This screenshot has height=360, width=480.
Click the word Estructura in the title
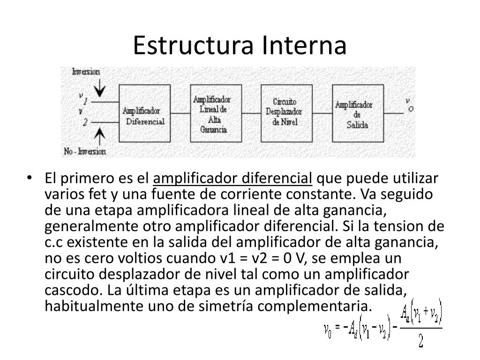pos(193,45)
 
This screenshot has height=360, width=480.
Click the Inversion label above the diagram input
pos(86,72)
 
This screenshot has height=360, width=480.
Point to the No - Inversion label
pos(85,151)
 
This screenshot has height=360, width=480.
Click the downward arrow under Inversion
pos(99,86)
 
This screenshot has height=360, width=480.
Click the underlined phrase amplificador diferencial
pos(233,179)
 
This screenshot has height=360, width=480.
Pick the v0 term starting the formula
pos(328,330)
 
